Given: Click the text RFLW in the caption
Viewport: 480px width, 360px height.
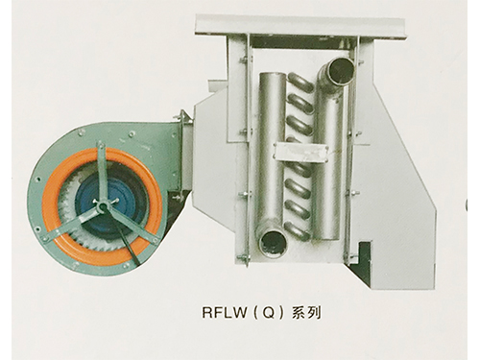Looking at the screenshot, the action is pyautogui.click(x=224, y=312).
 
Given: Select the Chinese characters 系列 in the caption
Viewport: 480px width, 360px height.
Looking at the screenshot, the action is pyautogui.click(x=305, y=313).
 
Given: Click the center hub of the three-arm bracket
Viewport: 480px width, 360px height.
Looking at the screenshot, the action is pyautogui.click(x=103, y=206).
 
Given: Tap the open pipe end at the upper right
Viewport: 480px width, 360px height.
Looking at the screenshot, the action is pyautogui.click(x=342, y=70).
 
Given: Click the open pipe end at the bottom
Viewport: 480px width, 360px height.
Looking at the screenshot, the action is pyautogui.click(x=273, y=244).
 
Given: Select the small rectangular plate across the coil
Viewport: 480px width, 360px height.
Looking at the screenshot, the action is pyautogui.click(x=301, y=153).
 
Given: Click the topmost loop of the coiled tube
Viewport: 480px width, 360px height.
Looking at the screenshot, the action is pyautogui.click(x=300, y=82).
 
